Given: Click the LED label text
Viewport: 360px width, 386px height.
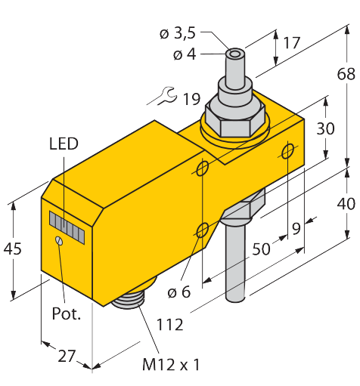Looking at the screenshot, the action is coord(64,144).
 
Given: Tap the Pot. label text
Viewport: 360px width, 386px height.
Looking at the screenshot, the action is coord(66,313).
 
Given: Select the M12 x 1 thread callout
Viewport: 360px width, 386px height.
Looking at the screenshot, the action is coord(171,364).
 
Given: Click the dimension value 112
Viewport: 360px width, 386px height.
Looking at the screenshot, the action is coord(170,325).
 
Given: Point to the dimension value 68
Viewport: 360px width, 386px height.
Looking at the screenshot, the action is coord(346,74).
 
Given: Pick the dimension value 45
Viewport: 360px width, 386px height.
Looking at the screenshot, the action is coord(13,249).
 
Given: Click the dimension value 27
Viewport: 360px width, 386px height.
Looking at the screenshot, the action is coord(67,357).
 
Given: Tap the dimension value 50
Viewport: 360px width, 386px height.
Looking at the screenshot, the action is coord(261,249).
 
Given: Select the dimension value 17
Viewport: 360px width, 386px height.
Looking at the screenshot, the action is coord(292,43).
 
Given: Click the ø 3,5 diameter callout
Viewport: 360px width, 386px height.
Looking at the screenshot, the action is coord(178,33).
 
